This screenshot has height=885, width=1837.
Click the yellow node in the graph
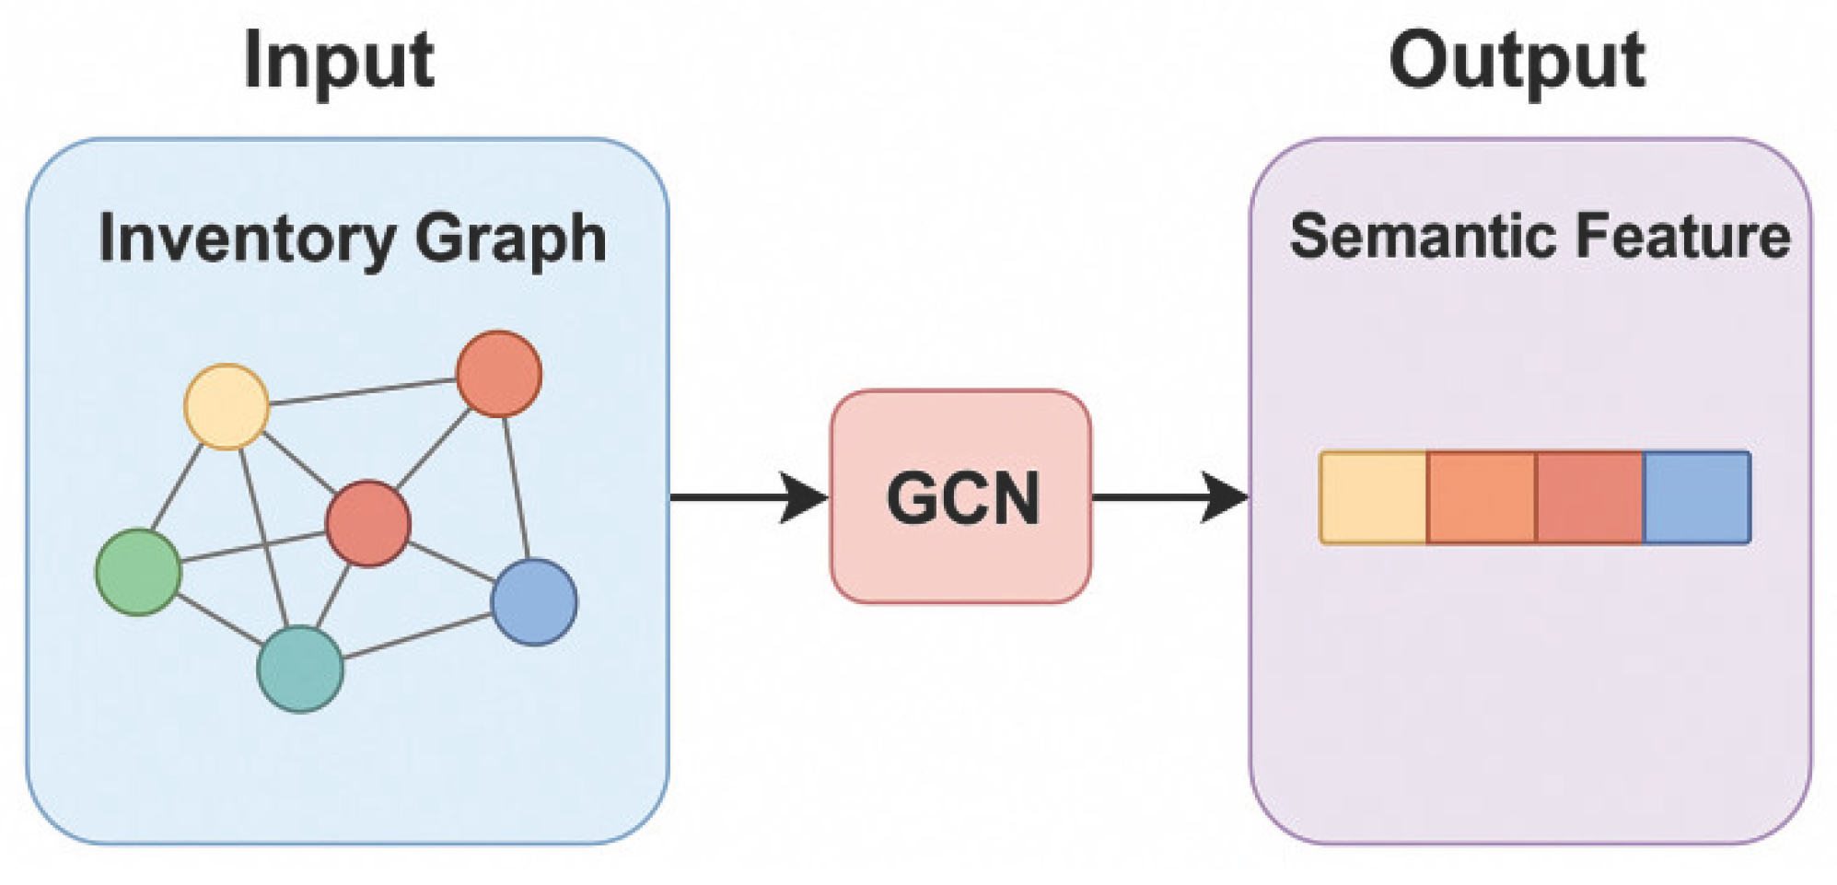coord(227,406)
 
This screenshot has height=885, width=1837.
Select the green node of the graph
coord(139,571)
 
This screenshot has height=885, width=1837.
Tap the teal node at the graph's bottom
coord(300,669)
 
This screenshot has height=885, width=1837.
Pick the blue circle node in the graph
coord(534,601)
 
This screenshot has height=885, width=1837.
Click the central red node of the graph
coord(368,523)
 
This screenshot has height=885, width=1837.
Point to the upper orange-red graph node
coord(499,374)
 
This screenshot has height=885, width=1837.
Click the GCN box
coord(960,497)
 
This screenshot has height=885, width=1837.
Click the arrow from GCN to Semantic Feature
coord(1169,497)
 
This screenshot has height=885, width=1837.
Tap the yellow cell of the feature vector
coord(1373,497)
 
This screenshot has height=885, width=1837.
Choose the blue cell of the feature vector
coord(1697,497)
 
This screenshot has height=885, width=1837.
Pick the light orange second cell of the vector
coord(1481,497)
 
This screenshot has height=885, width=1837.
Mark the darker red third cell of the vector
coord(1589,497)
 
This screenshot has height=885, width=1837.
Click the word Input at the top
coord(339,61)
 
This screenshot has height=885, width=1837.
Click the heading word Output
coord(1517,61)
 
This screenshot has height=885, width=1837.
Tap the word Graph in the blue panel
coord(511,239)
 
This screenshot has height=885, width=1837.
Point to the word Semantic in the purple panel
coord(1423,237)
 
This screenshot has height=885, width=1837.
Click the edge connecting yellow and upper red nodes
coord(363,391)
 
